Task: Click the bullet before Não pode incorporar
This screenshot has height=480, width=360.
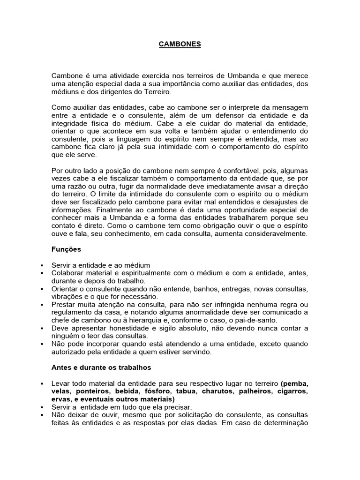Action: (x=42, y=345)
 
